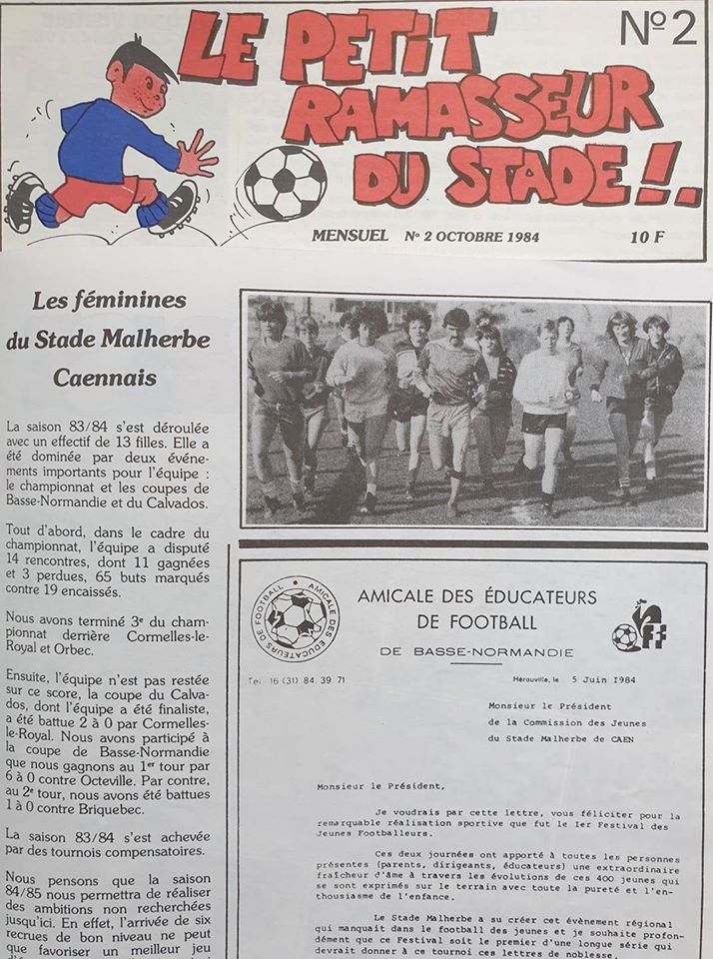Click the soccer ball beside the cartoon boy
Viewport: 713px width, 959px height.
(x=286, y=183)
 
